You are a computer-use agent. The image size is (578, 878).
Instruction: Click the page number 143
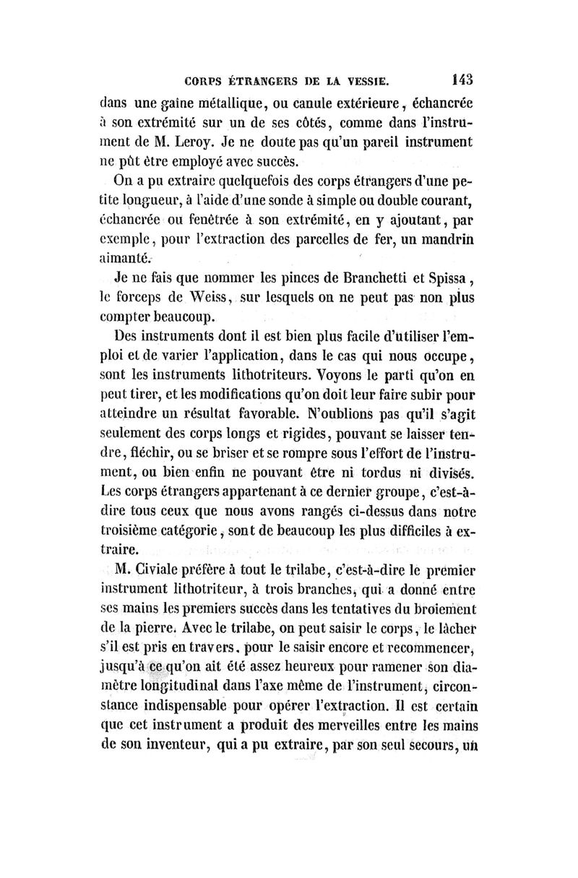click(460, 77)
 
